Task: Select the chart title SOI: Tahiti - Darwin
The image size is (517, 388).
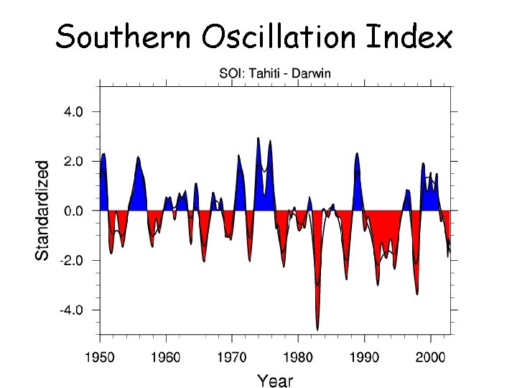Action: coord(275,73)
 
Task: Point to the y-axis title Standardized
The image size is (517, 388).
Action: coord(43,210)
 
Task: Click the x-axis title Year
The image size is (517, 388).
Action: coord(275,380)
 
